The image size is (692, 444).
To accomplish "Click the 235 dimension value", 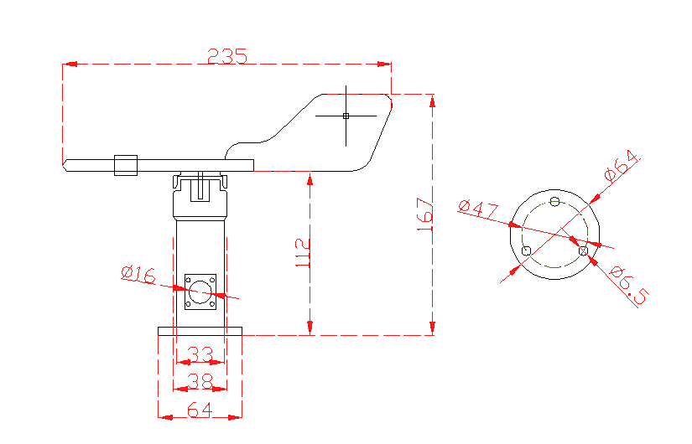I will [227, 56].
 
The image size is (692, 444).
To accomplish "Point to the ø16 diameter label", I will [138, 273].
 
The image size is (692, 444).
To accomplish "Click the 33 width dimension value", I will [200, 354].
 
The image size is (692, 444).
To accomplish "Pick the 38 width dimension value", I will [200, 381].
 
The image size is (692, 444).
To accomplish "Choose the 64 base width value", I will [200, 410].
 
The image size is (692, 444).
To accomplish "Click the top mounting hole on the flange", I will [554, 201].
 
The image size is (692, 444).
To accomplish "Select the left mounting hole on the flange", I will [526, 250].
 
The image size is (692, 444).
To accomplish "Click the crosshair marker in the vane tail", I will [346, 116].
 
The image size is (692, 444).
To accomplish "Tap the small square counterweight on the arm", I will [126, 165].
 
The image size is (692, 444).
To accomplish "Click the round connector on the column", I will [200, 292].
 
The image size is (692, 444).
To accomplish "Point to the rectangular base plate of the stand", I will [200, 331].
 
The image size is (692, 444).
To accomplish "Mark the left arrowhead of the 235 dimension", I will [69, 64].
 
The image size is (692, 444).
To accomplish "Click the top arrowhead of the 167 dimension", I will [432, 101].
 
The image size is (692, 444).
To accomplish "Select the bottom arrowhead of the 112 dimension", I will [310, 328].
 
